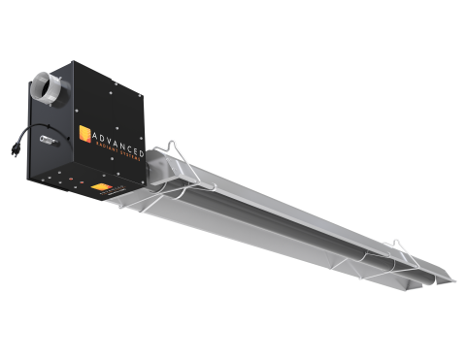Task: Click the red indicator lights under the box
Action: point(72,179)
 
